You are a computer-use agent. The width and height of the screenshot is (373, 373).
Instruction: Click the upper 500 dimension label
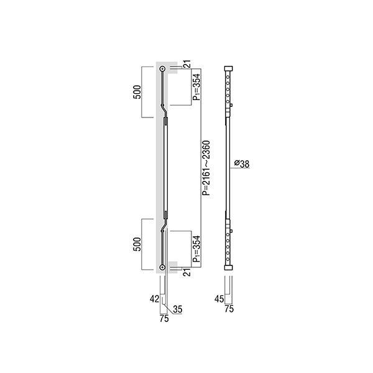click(x=137, y=92)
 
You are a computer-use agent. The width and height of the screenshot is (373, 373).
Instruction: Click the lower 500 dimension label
click(x=137, y=244)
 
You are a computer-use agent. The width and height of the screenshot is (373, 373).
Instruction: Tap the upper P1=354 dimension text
click(x=196, y=87)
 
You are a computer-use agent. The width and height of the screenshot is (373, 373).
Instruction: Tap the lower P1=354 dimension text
click(x=196, y=249)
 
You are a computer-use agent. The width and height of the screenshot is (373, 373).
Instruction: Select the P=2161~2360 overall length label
click(x=206, y=168)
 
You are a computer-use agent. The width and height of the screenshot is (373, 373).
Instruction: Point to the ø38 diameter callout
click(x=242, y=164)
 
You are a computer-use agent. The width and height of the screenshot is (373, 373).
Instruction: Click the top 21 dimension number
click(x=188, y=64)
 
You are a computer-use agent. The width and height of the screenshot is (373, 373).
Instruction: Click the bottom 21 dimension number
click(x=188, y=272)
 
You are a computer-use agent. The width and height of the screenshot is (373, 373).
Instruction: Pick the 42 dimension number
click(x=154, y=299)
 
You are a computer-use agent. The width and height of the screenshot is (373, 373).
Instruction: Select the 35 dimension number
click(x=178, y=309)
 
